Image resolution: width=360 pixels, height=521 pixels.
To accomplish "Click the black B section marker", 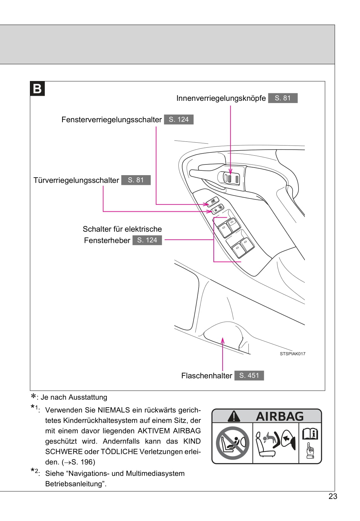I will (x=38, y=89).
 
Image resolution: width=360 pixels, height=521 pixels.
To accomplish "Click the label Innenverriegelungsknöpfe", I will (x=221, y=98).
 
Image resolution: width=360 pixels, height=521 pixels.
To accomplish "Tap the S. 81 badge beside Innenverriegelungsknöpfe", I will (x=282, y=98).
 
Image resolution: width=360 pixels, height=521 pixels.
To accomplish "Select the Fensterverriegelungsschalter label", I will (x=111, y=120).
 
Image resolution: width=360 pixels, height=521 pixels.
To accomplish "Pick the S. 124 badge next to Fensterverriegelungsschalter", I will (x=178, y=119).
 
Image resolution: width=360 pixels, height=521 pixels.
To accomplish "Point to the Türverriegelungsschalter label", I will (x=76, y=180).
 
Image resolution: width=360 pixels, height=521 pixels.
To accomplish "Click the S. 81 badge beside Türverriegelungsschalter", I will (x=136, y=180).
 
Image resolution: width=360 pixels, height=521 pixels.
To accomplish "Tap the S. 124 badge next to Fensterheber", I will (x=147, y=240).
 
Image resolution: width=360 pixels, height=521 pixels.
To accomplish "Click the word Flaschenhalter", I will (x=206, y=376).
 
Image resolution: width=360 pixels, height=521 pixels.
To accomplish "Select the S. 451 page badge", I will (x=249, y=375).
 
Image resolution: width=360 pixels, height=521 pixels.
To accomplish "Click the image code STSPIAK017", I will (x=292, y=354).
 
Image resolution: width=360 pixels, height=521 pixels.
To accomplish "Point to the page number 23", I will (x=333, y=496).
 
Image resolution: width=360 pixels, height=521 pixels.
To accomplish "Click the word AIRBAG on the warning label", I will (x=279, y=416).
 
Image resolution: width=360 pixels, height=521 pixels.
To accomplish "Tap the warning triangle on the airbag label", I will (x=234, y=416).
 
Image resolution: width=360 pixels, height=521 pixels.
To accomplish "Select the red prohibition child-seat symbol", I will (x=232, y=443).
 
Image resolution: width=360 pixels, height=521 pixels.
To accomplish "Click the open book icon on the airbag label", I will (x=310, y=434).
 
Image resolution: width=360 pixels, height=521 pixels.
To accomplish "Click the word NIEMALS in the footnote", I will (x=114, y=410).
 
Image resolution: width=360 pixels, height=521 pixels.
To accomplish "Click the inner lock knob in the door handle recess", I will (x=230, y=178).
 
